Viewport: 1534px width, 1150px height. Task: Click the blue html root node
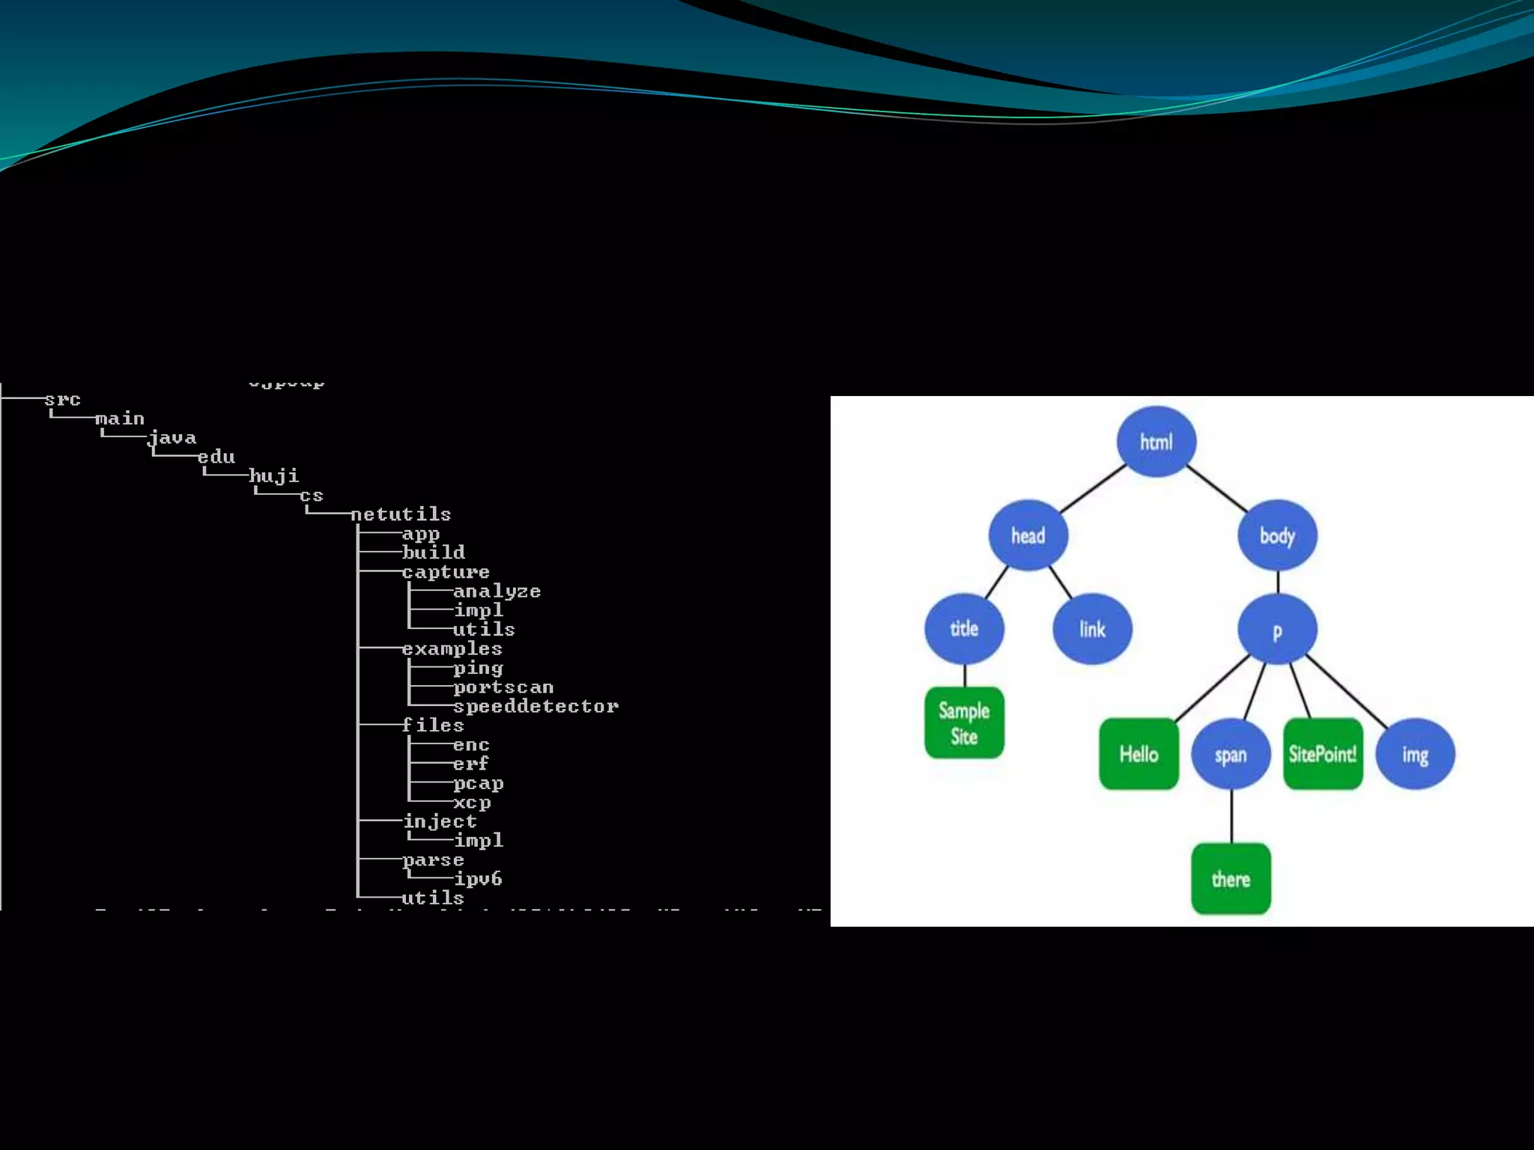click(x=1156, y=442)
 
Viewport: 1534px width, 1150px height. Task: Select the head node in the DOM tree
click(x=1028, y=535)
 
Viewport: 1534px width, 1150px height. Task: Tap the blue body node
click(x=1277, y=535)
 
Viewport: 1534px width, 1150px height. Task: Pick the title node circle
click(x=964, y=629)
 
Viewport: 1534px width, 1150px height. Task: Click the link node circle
click(x=1092, y=629)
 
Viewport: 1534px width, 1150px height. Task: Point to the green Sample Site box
click(x=964, y=722)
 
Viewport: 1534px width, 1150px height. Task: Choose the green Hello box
click(x=1139, y=754)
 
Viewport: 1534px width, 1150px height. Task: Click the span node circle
click(x=1231, y=754)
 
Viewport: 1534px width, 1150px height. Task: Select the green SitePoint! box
click(x=1323, y=754)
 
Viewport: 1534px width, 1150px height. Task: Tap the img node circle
click(x=1415, y=754)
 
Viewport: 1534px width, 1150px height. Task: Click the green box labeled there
click(x=1231, y=879)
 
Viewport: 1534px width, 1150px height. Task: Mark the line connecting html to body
click(x=1217, y=489)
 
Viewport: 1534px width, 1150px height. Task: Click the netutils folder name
click(x=401, y=514)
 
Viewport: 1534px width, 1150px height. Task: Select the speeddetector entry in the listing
click(x=536, y=706)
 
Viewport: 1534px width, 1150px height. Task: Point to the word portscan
click(x=503, y=687)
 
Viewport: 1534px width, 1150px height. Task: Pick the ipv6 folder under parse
click(x=478, y=878)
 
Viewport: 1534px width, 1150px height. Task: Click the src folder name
click(x=62, y=400)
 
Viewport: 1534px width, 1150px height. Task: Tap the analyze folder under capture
click(x=497, y=591)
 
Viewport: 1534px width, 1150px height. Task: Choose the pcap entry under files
click(x=478, y=783)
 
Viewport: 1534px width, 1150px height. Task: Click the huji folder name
click(x=273, y=476)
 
